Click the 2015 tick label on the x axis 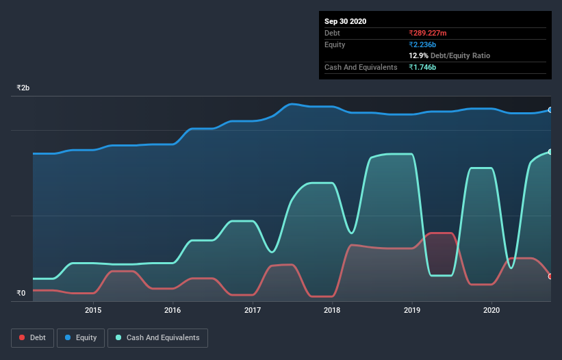point(93,310)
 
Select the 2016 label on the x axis point(173,310)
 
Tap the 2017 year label point(253,310)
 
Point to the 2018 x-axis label point(332,310)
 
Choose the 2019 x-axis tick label point(412,310)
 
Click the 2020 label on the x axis point(491,310)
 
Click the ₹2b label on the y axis point(23,88)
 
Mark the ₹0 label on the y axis point(21,294)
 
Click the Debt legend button point(31,338)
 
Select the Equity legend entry point(81,338)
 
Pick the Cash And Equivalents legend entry point(157,338)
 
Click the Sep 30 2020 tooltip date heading point(345,21)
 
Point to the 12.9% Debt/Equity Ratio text point(449,55)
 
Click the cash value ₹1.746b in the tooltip point(422,67)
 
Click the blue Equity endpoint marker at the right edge point(550,110)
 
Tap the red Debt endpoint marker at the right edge point(550,277)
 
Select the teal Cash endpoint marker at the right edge point(550,152)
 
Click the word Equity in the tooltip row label point(335,44)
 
